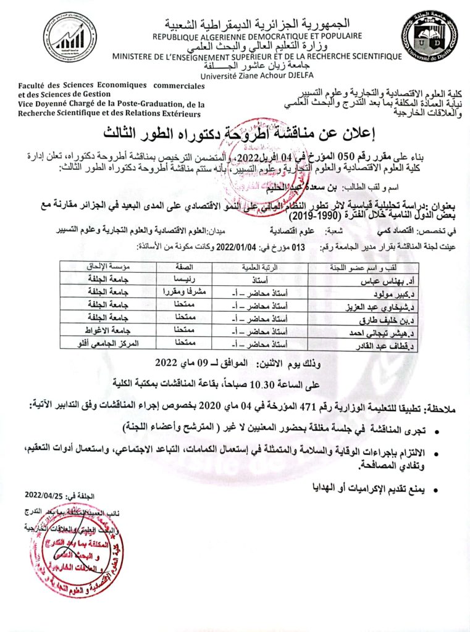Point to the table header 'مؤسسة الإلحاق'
click(x=108, y=267)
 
